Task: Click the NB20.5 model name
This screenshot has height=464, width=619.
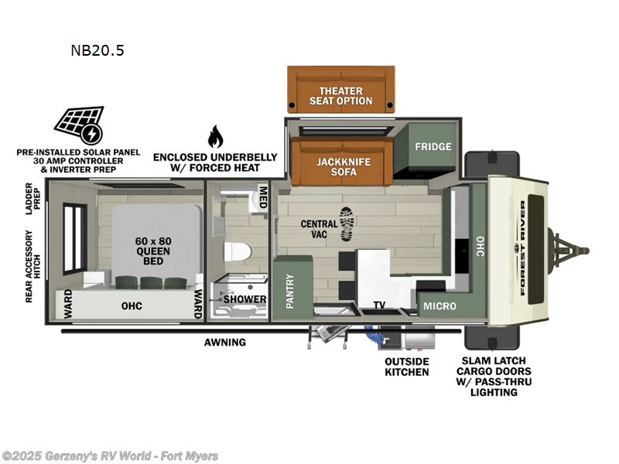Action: click(97, 51)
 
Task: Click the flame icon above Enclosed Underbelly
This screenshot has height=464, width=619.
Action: click(214, 137)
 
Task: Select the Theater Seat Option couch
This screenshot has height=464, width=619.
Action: click(340, 90)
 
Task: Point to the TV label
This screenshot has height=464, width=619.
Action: click(379, 305)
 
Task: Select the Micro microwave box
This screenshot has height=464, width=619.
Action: click(439, 306)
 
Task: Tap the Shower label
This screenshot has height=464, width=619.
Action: click(247, 299)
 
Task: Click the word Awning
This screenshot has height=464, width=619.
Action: click(225, 342)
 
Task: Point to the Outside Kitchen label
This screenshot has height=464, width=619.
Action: click(407, 367)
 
